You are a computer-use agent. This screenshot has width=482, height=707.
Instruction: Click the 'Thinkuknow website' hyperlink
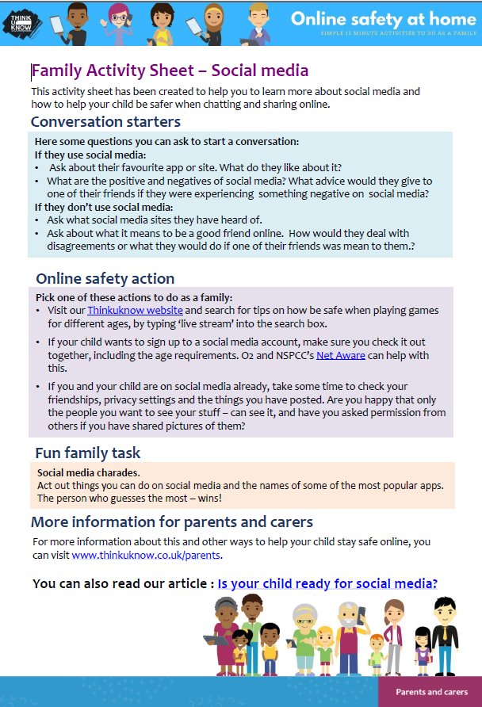click(x=135, y=310)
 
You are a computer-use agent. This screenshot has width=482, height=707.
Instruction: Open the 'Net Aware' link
click(x=341, y=355)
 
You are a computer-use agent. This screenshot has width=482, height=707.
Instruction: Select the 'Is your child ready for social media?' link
click(x=327, y=584)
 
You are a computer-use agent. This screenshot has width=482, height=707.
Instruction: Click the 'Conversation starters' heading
click(x=105, y=122)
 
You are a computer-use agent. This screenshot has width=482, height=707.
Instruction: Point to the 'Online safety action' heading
click(x=105, y=278)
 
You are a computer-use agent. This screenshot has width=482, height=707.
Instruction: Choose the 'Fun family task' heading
click(x=88, y=453)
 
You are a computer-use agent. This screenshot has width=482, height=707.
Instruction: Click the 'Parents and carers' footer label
click(x=431, y=692)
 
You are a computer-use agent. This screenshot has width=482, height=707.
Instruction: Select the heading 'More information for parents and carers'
click(x=172, y=522)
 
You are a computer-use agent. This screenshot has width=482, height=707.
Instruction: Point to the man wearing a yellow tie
click(x=445, y=634)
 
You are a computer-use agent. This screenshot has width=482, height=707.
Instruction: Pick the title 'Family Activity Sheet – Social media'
click(x=170, y=71)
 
